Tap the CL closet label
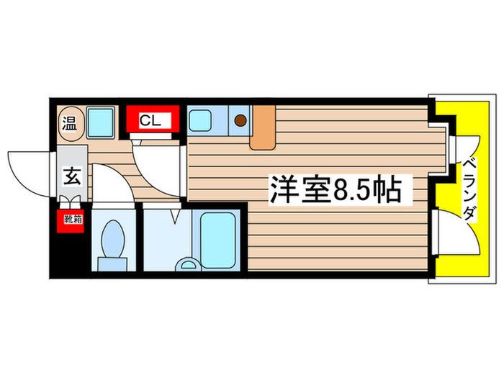pyautogui.click(x=150, y=120)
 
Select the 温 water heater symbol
pyautogui.click(x=71, y=122)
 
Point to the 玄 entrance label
pyautogui.click(x=71, y=175)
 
